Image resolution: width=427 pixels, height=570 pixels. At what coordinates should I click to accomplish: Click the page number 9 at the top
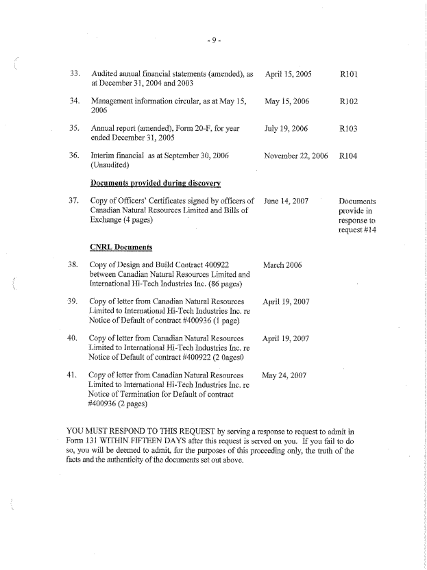click(213, 40)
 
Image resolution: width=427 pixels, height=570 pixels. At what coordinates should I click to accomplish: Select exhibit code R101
click(350, 73)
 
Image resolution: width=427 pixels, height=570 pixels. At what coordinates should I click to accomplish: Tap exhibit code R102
click(350, 101)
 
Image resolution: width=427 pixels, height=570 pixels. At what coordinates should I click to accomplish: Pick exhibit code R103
click(350, 128)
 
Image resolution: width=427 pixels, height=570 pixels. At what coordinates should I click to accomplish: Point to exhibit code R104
click(350, 156)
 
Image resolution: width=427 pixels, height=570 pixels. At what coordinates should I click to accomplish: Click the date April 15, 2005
click(289, 73)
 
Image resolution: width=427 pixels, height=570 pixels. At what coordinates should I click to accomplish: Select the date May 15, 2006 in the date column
click(287, 101)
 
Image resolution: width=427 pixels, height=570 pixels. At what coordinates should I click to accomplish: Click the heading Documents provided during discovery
click(156, 183)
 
